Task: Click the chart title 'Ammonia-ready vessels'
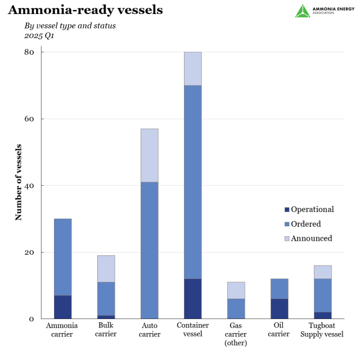85,10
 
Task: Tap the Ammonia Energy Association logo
320,11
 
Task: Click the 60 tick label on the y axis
29,119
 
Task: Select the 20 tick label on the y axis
29,252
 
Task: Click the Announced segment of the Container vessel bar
192,69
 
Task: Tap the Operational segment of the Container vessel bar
192,299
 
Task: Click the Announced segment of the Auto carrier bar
149,155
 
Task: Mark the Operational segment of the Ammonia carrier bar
62,307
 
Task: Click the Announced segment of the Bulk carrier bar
106,269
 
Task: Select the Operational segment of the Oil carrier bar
279,309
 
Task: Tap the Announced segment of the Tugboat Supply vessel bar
322,272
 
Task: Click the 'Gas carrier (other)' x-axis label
236,334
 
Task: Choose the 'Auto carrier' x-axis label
149,330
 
